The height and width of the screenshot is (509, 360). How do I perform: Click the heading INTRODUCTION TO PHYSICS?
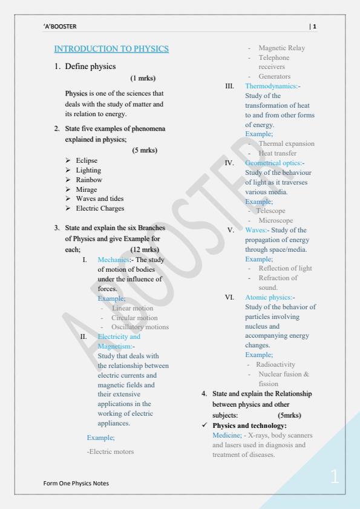tap(111, 48)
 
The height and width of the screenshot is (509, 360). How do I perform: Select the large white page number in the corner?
tap(335, 476)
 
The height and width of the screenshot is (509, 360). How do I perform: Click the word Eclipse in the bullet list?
tap(87, 160)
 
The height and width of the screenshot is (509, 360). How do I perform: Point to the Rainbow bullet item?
tap(89, 180)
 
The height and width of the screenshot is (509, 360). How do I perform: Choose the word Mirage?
tap(87, 189)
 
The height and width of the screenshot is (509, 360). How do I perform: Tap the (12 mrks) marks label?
tap(145, 249)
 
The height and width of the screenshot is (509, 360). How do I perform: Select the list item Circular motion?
tap(135, 317)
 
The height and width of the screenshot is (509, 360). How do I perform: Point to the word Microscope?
tap(275, 220)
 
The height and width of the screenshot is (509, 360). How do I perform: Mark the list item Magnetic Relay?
tap(281, 48)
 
